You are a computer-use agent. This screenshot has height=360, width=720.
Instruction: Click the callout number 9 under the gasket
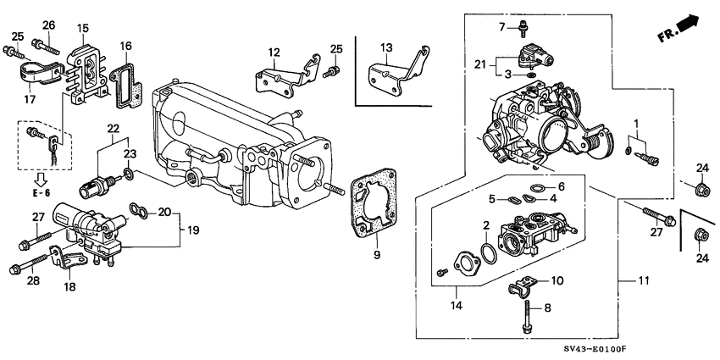point(377,254)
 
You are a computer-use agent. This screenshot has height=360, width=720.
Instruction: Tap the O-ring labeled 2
point(489,252)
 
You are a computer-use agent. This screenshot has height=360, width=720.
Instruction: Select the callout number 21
point(480,64)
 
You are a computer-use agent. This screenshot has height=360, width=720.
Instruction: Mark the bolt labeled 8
point(525,318)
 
